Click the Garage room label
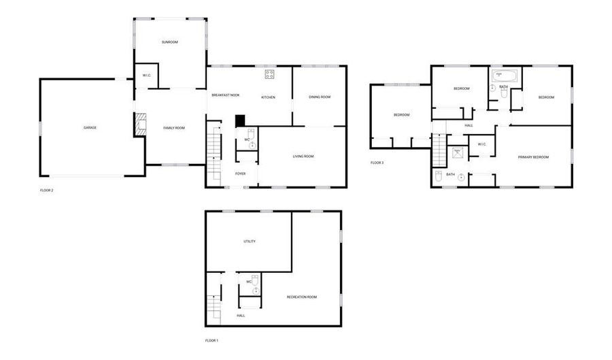[x=90, y=128]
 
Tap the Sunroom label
[x=170, y=42]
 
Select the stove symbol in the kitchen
[x=269, y=74]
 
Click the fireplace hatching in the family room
[x=141, y=125]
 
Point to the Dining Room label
[x=320, y=97]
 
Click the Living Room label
[x=303, y=157]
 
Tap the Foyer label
[x=241, y=174]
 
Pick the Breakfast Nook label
[x=226, y=95]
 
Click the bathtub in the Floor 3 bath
[x=505, y=76]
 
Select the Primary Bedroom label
[x=533, y=157]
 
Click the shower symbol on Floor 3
[x=458, y=152]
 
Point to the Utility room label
[x=250, y=242]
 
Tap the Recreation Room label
[x=302, y=297]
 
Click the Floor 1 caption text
[x=211, y=341]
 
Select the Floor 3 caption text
[x=377, y=163]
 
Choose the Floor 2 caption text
[x=46, y=191]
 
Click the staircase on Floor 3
[x=439, y=150]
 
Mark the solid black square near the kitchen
[x=239, y=120]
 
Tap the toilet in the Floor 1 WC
[x=255, y=280]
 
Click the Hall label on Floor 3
[x=469, y=126]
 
